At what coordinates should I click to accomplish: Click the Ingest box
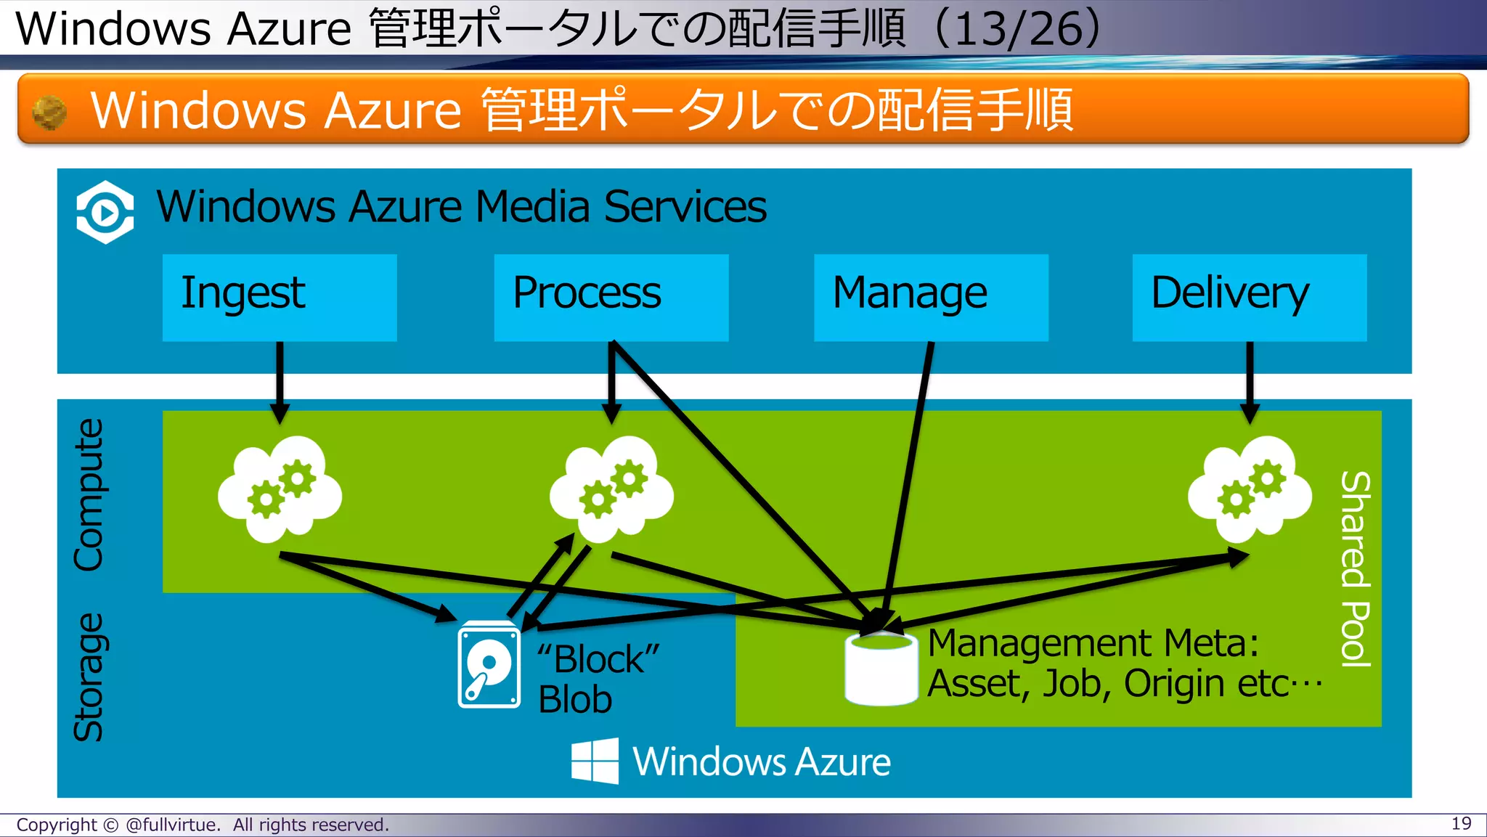[280, 297]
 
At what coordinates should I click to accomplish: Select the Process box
[611, 297]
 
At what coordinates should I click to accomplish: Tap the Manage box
[931, 297]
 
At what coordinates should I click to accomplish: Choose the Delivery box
[1249, 297]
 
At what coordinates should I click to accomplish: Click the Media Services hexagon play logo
[105, 212]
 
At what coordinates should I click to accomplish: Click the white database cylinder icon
[881, 669]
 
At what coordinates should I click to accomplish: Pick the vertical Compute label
[89, 495]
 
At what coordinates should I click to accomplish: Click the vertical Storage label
[89, 677]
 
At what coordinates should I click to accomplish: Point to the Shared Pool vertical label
[1355, 568]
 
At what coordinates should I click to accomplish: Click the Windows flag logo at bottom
[595, 761]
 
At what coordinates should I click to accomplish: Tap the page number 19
[1461, 823]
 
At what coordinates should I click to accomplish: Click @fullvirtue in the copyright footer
[172, 825]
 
